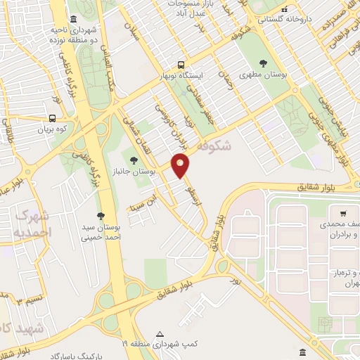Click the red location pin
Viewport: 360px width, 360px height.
click(x=181, y=164)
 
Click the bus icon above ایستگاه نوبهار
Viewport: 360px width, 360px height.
click(x=181, y=63)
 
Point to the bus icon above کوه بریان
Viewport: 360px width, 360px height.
click(x=53, y=118)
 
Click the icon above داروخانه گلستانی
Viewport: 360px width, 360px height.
click(x=284, y=10)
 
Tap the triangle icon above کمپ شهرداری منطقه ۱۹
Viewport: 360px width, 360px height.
click(x=160, y=333)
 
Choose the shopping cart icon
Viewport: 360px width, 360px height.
click(x=342, y=214)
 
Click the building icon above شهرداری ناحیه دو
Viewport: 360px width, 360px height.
click(x=74, y=19)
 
